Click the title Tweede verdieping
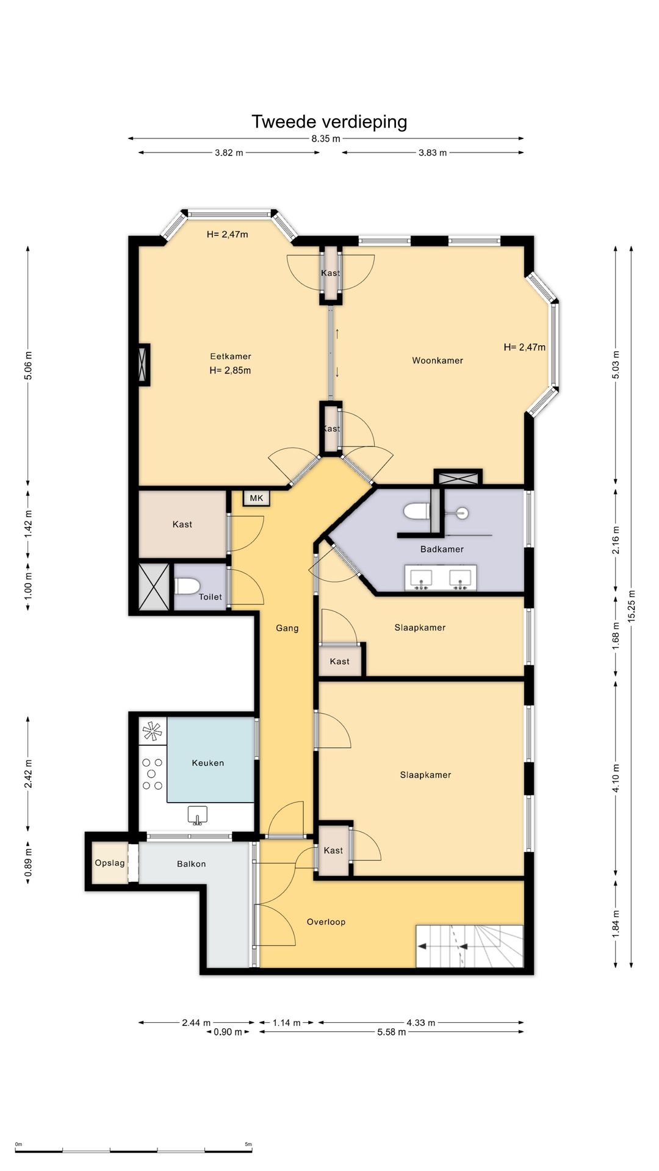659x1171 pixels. coord(329,122)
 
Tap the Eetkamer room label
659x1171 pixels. coord(231,356)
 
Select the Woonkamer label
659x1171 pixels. coord(438,360)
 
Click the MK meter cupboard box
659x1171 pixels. coord(256,498)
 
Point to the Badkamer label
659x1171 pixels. coord(442,549)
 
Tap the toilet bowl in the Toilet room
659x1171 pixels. coord(187,586)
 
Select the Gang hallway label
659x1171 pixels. coord(287,628)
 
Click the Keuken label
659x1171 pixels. coord(208,763)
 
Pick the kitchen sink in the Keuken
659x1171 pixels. coord(197,815)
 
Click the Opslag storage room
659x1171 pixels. coord(110,863)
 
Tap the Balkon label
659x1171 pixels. coord(191,864)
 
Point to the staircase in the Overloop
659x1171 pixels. coord(470,946)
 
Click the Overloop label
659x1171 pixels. coord(326,922)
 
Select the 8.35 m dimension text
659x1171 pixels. coord(326,138)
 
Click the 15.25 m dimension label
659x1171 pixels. coord(632,606)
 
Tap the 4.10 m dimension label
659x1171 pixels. coord(616,778)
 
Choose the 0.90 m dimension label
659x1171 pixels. coord(228,1032)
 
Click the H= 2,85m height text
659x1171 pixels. coord(230,370)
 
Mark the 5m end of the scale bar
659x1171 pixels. coord(251,1151)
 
